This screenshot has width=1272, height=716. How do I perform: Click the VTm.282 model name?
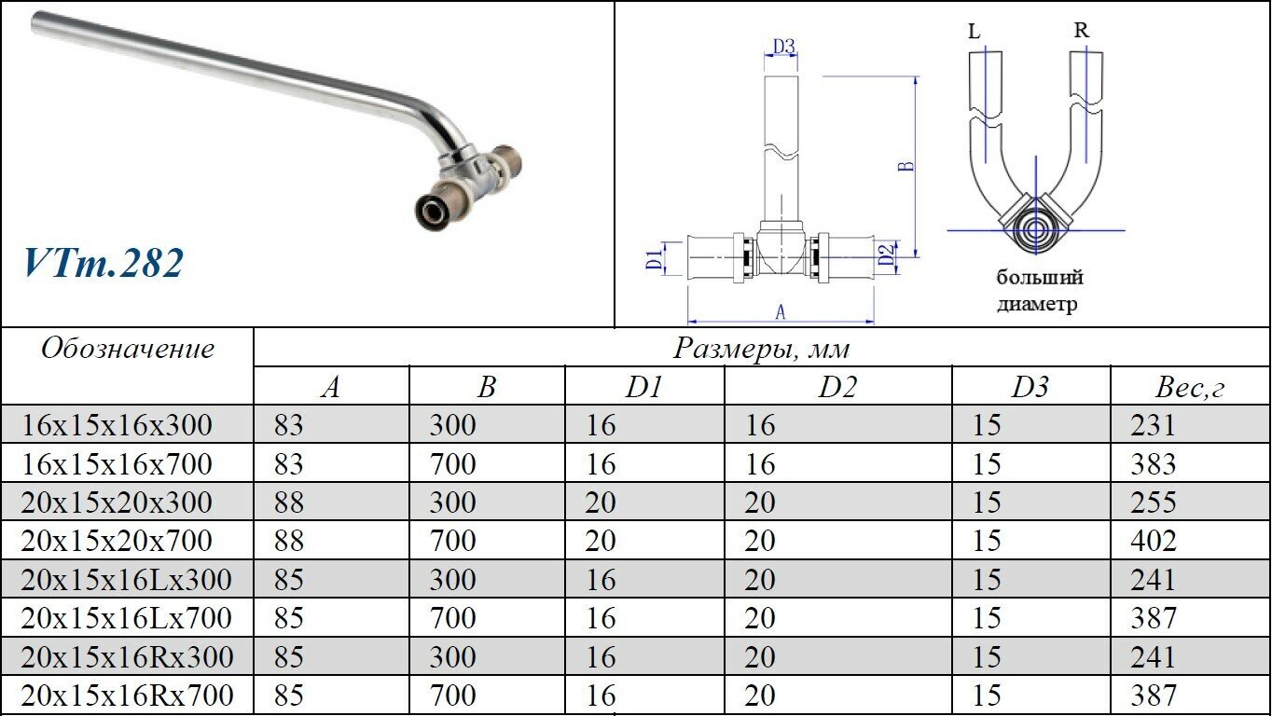(x=104, y=263)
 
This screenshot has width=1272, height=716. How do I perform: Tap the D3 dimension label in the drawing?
(x=783, y=45)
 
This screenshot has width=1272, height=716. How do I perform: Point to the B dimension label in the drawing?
(x=904, y=168)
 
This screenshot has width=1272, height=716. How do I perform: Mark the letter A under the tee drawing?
(x=781, y=311)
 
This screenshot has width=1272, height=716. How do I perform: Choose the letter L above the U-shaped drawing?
(x=975, y=32)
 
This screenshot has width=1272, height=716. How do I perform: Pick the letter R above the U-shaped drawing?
(x=1081, y=31)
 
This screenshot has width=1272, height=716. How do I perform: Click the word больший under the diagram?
(x=1040, y=278)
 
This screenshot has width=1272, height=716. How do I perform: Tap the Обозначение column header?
(x=128, y=349)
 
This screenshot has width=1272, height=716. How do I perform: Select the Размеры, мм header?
(x=762, y=349)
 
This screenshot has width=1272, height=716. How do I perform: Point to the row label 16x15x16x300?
(x=117, y=425)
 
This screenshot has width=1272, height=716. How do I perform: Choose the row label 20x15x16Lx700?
(x=126, y=618)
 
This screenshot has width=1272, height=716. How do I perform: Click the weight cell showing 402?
(x=1153, y=541)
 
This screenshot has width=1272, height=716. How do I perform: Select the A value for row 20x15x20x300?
(x=289, y=503)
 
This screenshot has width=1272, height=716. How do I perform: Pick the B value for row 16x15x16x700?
(x=452, y=463)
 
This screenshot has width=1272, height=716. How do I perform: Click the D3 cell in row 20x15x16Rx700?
(x=986, y=695)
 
